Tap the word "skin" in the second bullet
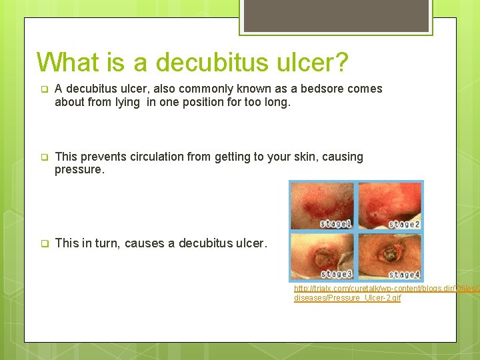pos(299,157)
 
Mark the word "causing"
pos(342,157)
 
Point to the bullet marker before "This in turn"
pos(44,244)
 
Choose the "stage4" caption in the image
pos(403,274)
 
